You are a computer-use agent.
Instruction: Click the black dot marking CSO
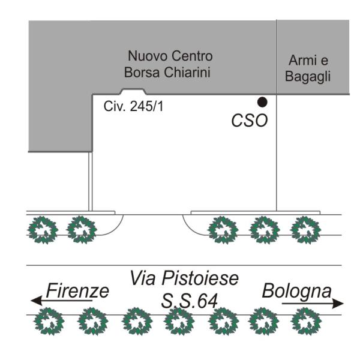coord(262,102)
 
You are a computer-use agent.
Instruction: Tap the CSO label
coord(249,121)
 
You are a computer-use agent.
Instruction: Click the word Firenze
coord(77,292)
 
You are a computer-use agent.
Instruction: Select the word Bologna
coord(296,292)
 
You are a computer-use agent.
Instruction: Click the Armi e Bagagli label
coord(307,70)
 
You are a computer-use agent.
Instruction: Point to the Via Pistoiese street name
coord(184,278)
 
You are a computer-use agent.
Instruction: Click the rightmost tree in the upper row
coord(302,230)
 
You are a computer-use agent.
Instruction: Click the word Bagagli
coord(307,78)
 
